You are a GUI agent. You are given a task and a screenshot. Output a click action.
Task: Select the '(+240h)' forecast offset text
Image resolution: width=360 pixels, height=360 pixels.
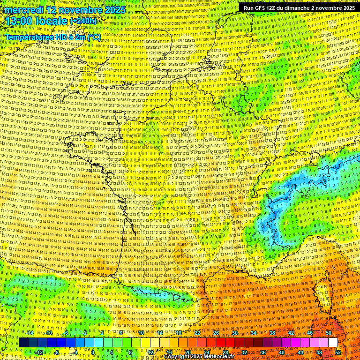point(83,21)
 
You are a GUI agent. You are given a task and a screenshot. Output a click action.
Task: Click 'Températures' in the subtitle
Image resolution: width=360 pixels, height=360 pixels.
point(29,37)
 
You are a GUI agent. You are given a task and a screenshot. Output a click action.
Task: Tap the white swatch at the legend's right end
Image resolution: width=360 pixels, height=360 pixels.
point(333,343)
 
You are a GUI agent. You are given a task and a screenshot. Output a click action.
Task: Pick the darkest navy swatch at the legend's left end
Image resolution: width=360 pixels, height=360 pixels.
point(24,343)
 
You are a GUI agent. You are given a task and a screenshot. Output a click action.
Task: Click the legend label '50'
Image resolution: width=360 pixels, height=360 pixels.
point(328,333)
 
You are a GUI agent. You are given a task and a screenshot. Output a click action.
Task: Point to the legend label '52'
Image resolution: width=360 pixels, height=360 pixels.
point(338,352)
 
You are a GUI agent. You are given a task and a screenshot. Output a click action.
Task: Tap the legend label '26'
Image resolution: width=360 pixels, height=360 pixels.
point(216,333)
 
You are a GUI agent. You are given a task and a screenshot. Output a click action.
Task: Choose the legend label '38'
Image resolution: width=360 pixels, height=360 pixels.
point(272,333)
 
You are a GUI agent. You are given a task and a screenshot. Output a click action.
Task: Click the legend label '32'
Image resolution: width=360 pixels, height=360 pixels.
point(244,352)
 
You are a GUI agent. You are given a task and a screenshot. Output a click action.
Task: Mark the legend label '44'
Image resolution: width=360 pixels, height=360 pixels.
point(300,352)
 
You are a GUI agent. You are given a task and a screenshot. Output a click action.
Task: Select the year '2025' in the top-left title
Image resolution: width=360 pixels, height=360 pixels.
point(116,10)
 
